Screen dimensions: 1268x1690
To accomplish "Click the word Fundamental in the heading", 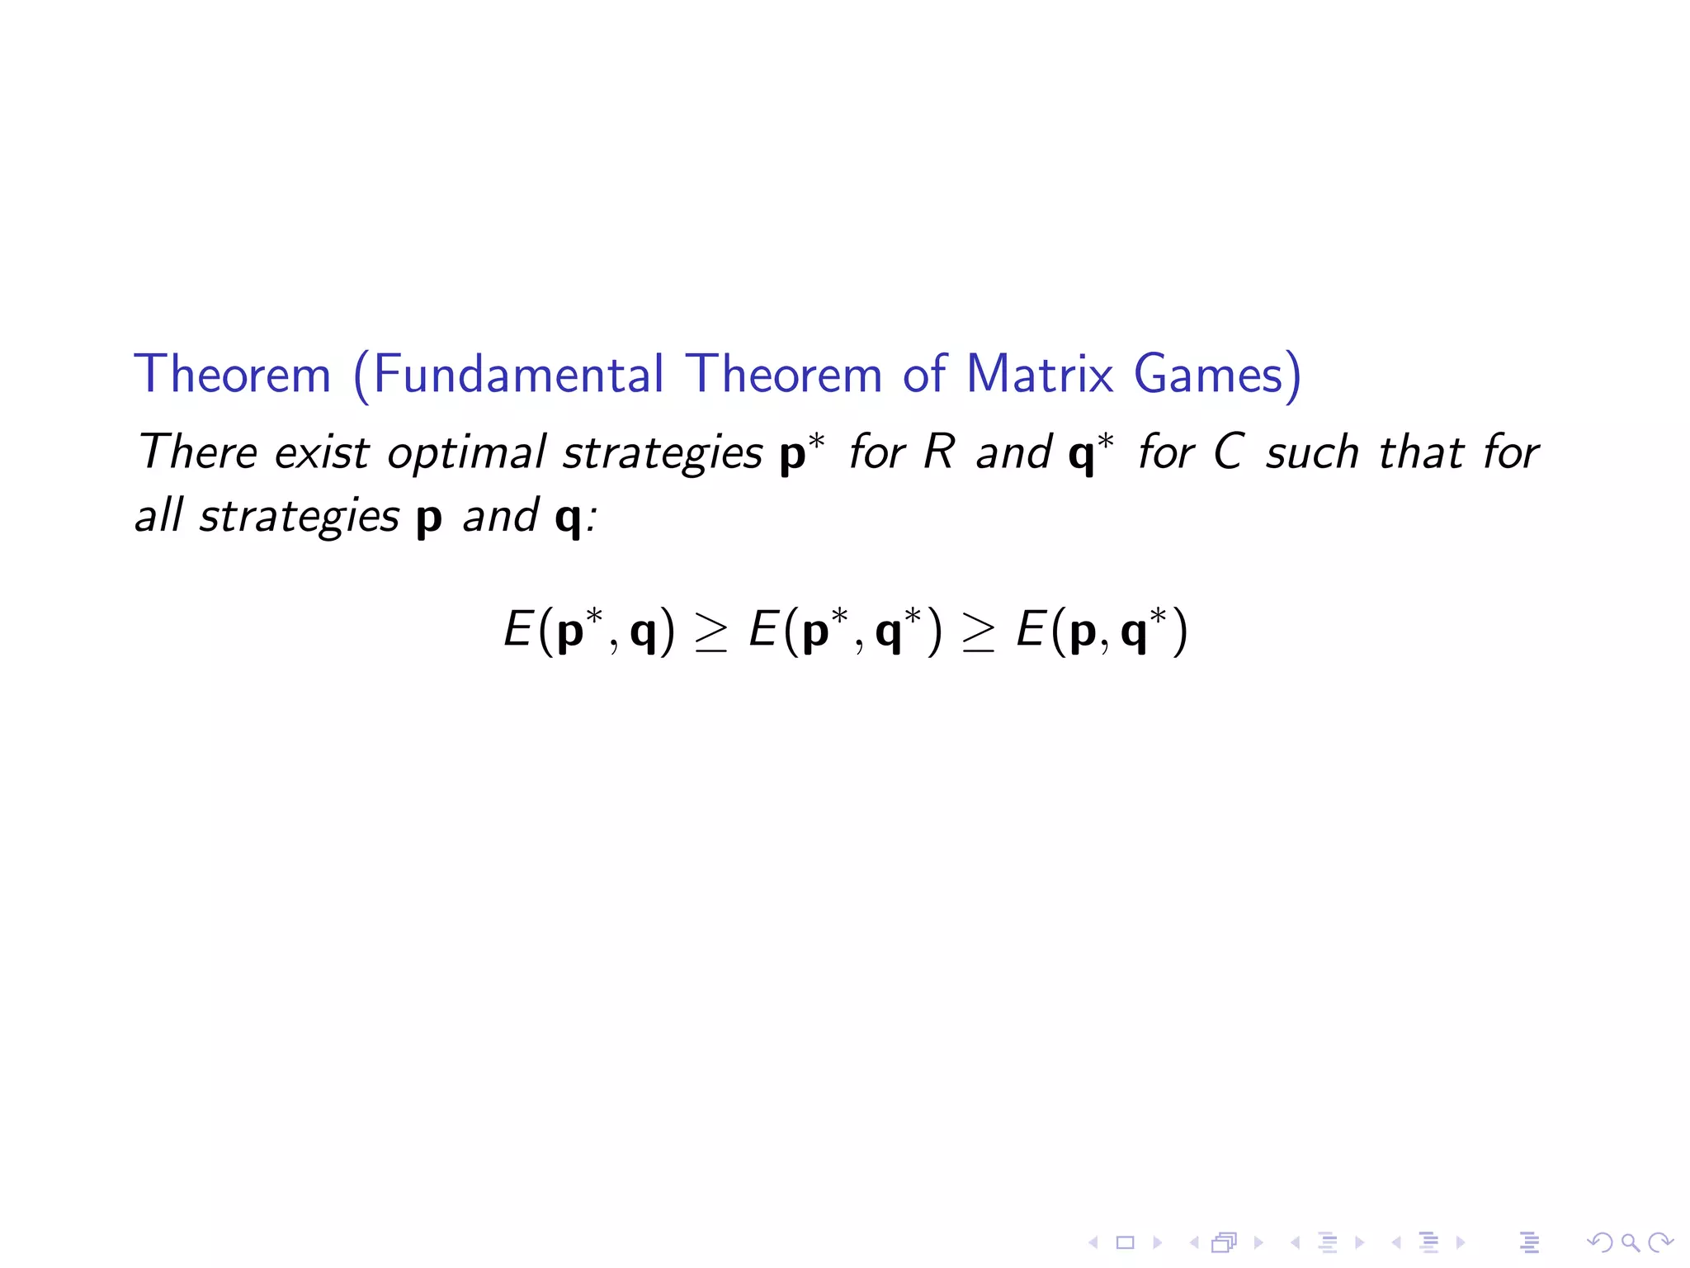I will (x=518, y=374).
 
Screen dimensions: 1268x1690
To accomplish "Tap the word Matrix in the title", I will (x=1040, y=374).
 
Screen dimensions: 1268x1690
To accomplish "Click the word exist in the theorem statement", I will (x=322, y=452).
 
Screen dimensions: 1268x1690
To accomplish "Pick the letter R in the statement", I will (x=939, y=452).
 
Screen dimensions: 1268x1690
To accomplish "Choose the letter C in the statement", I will (x=1229, y=452).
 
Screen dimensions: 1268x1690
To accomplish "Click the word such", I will (x=1312, y=452).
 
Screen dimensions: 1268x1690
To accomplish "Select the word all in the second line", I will (x=158, y=516).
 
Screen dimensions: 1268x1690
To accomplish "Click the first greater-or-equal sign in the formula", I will (x=711, y=634).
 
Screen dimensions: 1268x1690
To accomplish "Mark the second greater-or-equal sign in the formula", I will (x=978, y=634).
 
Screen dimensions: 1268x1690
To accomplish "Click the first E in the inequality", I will (x=517, y=631).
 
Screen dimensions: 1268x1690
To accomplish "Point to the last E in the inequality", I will (x=1031, y=631).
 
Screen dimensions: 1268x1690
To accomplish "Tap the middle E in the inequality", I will (x=763, y=631).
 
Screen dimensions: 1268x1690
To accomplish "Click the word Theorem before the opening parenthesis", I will (x=233, y=374).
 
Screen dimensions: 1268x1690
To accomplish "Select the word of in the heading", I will (x=923, y=374).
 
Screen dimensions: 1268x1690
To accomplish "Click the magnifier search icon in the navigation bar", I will (x=1630, y=1242).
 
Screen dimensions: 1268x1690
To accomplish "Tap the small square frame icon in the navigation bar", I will (x=1125, y=1242).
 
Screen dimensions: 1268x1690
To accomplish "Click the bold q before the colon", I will (x=569, y=518).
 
